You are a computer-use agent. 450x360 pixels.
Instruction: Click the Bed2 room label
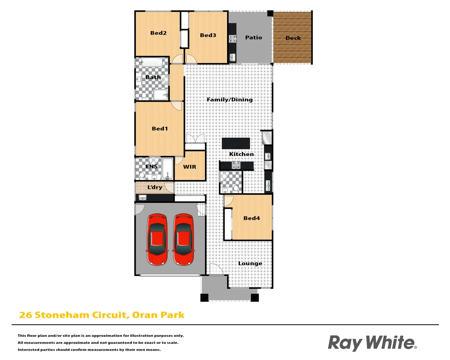coord(158,33)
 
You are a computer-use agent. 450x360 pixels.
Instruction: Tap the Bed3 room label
coord(208,35)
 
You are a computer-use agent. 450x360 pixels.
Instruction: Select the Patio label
coord(253,37)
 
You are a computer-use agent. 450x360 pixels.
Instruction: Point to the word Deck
coord(293,38)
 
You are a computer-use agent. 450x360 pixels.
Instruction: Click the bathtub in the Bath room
coord(152,62)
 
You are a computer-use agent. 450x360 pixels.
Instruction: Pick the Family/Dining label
coord(230,99)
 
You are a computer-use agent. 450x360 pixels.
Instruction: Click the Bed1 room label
coord(160,128)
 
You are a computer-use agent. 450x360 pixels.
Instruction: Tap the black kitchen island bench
coord(236,143)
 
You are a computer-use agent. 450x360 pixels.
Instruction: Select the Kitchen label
coord(241,154)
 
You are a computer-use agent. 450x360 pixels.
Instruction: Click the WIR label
coord(190,167)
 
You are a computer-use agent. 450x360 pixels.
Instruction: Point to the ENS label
coord(151,166)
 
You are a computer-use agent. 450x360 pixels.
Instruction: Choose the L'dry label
coord(155,187)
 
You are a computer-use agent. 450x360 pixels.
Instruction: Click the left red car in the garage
coord(157,239)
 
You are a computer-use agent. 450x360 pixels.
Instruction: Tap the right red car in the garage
coord(183,239)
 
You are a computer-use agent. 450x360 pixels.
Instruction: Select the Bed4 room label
coord(251,218)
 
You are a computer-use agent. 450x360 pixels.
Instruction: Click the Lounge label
coord(250,263)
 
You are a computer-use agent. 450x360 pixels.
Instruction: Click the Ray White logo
coord(372,343)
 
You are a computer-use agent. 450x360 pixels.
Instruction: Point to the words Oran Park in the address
coord(158,315)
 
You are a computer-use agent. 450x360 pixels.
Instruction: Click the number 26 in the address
coord(25,315)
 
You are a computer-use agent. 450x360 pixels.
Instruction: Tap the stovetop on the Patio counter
coord(232,39)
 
